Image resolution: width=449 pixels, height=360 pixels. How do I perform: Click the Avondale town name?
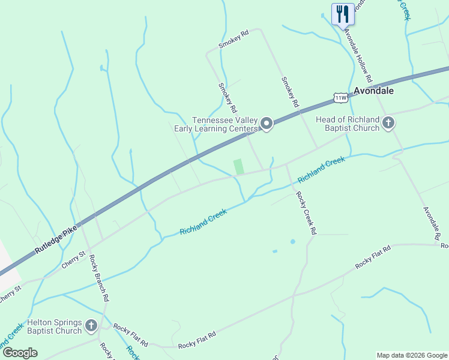pos(373,91)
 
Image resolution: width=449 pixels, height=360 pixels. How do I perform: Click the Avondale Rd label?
pos(432,224)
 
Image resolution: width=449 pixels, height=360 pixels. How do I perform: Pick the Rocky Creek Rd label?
pos(306,213)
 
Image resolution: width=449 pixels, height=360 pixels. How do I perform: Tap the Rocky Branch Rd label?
pos(99,277)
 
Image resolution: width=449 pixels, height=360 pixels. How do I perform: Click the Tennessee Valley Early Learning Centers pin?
pos(267,124)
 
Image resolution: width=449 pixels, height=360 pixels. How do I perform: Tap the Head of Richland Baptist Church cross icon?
pos(388,124)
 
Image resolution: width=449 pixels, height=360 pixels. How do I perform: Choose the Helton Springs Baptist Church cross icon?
pos(91,326)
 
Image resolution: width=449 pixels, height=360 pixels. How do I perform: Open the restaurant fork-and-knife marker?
pos(343,13)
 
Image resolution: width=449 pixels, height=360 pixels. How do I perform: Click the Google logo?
pos(20,353)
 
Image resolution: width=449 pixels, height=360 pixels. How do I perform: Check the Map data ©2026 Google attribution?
pos(412,355)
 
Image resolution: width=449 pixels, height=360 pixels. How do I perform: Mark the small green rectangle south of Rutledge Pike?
pos(239,166)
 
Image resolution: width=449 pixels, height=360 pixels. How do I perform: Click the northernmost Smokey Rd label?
pos(234,41)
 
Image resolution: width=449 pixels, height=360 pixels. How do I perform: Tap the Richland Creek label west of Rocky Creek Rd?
pos(203,222)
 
